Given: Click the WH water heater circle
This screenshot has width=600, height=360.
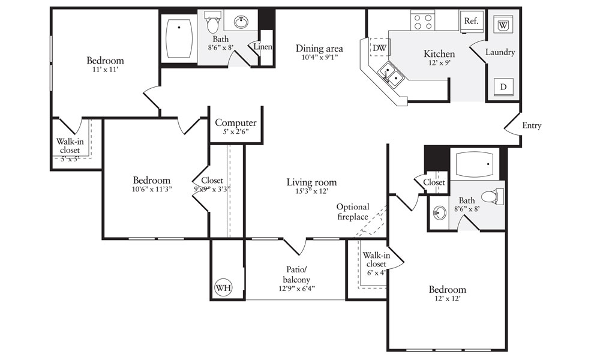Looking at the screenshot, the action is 223,287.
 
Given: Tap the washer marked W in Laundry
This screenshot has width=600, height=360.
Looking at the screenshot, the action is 503,25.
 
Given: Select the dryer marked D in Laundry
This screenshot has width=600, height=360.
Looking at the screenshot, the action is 503,87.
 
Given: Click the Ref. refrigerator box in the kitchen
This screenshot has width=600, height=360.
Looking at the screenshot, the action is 472,21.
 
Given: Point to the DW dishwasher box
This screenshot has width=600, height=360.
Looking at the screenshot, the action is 380,48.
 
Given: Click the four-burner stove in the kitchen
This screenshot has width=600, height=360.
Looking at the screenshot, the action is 423,20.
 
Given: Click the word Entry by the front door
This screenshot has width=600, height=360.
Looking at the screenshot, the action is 532,125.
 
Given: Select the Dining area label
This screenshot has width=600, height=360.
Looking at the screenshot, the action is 319,49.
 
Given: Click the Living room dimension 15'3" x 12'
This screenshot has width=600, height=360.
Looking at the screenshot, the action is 311,191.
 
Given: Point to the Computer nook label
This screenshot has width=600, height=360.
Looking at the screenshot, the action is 236,123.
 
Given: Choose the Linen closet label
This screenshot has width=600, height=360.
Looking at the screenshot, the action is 263,47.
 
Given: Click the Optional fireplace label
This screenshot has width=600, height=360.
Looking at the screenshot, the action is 352,212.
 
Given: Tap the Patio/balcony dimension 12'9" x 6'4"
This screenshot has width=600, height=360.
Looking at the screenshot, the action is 296,289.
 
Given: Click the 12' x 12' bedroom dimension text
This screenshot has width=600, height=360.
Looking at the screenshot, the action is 448,298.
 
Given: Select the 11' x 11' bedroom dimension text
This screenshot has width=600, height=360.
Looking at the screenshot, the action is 105,70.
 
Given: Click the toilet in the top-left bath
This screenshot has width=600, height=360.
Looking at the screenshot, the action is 212,22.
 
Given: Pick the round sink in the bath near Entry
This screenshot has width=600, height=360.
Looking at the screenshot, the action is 440,213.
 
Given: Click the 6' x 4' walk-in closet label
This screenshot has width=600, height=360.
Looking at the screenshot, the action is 377,273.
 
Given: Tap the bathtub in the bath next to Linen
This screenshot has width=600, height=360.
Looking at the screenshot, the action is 179,38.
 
